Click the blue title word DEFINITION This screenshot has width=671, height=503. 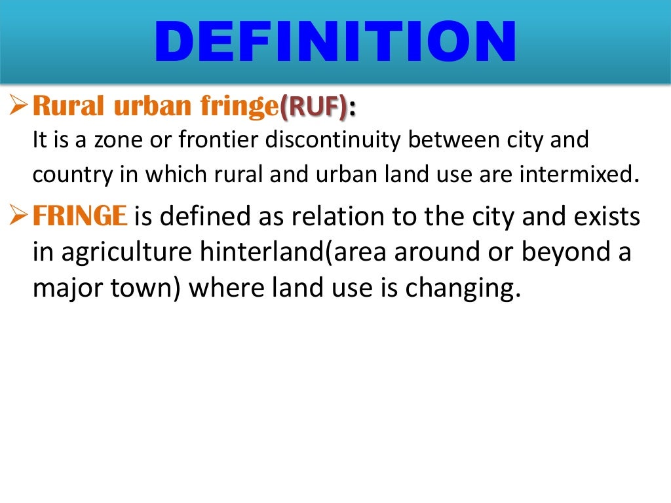pyautogui.click(x=335, y=43)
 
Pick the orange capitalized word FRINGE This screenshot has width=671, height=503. pyautogui.click(x=79, y=217)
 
